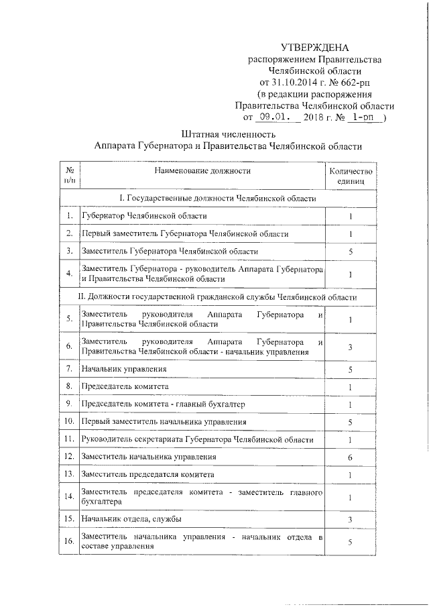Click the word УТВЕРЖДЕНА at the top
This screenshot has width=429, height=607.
tap(314, 47)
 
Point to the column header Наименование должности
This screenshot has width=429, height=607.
tap(202, 170)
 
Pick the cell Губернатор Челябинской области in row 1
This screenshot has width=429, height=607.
tap(144, 216)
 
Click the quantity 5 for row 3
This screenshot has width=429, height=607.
tap(351, 251)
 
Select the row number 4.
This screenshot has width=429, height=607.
tap(69, 273)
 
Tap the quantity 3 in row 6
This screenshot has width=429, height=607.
tap(351, 346)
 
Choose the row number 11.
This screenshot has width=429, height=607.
tap(69, 439)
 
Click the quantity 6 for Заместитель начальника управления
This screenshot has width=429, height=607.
tap(351, 457)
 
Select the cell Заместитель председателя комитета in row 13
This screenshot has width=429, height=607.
tap(147, 474)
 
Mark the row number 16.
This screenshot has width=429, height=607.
tap(69, 542)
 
